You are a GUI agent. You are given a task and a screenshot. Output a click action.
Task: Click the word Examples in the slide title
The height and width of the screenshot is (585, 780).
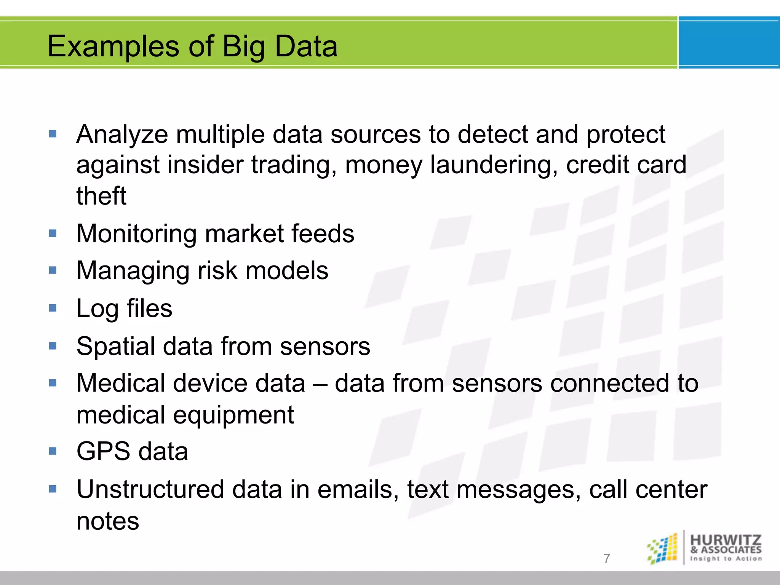point(113,46)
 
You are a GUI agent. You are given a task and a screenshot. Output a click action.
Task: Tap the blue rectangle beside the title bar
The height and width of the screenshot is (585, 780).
point(729,43)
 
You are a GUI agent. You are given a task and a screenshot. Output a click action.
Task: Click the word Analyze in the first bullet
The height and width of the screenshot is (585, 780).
point(122,135)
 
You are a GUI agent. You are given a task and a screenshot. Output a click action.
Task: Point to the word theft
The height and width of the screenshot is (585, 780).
point(101,196)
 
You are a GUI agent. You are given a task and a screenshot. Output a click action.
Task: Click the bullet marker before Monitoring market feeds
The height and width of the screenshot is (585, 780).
point(53,233)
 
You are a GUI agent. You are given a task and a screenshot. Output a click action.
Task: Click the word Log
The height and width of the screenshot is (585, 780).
point(97,308)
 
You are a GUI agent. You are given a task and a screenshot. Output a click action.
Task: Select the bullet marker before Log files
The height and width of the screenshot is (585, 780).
point(53,308)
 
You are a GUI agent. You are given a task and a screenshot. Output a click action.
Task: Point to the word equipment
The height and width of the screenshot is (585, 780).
point(233,415)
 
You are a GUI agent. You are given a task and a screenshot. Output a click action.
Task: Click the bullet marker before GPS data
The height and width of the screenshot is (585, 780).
point(53,451)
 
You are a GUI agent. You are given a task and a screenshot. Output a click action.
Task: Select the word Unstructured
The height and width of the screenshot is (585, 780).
point(150,489)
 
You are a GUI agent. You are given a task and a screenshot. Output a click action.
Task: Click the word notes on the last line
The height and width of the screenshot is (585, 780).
point(108,521)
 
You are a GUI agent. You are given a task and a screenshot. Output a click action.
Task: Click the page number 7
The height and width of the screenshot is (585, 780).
point(607,558)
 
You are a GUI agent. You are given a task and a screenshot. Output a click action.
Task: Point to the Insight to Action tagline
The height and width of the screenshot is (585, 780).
point(726,559)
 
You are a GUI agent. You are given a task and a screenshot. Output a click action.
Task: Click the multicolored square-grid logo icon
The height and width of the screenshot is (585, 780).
point(663,549)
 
